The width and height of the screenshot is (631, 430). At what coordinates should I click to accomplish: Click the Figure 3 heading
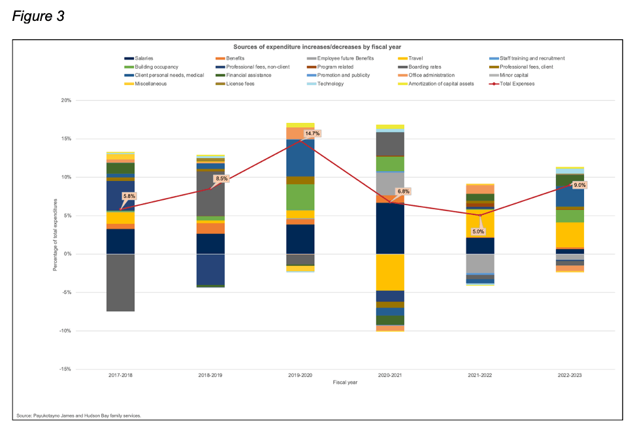pos(38,16)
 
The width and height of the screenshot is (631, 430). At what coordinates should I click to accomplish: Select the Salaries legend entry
pos(143,58)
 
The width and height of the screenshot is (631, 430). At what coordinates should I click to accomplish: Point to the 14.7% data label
pos(312,133)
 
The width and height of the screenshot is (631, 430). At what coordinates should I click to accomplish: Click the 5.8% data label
pos(130,195)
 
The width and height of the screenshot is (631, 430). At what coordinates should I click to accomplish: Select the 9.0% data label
pos(579,185)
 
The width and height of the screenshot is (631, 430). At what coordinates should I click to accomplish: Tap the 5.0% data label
pos(477,231)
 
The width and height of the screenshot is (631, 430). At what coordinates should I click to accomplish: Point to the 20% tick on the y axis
pos(65,101)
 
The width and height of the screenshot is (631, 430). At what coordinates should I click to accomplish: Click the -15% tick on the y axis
pos(65,369)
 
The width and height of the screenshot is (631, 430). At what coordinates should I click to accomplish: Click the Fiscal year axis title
pos(344,382)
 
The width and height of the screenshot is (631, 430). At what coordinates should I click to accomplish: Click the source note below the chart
pos(78,415)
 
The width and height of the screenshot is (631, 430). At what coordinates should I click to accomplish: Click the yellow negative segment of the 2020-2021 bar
pos(390,272)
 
